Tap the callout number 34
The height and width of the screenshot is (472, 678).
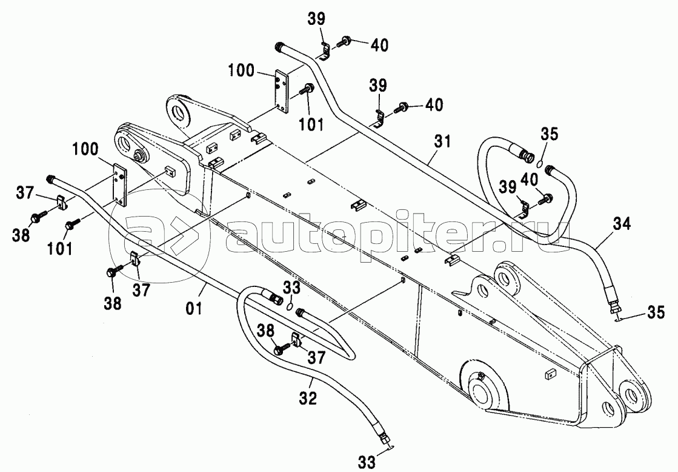pos(620,224)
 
